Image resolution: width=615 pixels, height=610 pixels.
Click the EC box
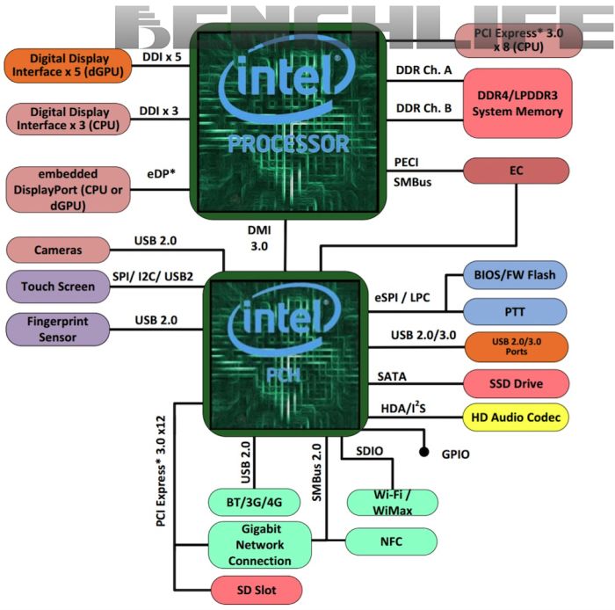pos(516,171)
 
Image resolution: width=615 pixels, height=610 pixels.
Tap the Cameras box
pos(58,250)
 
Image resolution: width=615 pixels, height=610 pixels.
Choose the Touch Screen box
pos(58,287)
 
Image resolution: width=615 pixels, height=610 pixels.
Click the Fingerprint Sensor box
pos(58,329)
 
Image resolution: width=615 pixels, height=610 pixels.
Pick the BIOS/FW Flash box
pos(515,275)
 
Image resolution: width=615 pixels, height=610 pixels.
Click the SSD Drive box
pos(515,384)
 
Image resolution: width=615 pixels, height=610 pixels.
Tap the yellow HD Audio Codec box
pos(515,417)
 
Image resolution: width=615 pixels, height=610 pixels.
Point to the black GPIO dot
pos(423,454)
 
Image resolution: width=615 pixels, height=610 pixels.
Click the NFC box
pos(390,541)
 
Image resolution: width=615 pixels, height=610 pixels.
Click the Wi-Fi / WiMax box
pos(391,502)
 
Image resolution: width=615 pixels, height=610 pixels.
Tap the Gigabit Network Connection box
pos(260,545)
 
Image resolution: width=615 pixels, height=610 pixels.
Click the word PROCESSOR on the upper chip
pos(288,143)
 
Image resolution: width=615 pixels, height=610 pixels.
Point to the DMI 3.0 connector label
pos(259,238)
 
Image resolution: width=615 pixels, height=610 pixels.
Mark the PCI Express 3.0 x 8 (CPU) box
pos(518,40)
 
